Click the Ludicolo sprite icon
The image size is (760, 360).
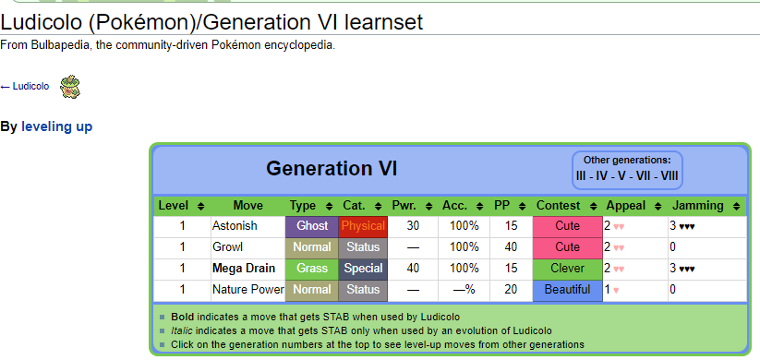click(x=70, y=87)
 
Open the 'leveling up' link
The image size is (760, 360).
click(x=56, y=127)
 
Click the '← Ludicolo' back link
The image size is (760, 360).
click(x=25, y=86)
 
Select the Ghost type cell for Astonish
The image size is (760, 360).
click(x=312, y=226)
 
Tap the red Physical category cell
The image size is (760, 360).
click(x=363, y=226)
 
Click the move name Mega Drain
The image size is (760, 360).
click(x=244, y=269)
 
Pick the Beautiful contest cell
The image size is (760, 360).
click(x=568, y=290)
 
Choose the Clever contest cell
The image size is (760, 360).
click(x=568, y=269)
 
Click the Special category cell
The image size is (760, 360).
click(x=363, y=269)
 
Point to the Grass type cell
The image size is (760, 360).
click(x=312, y=269)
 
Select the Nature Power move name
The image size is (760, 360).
click(x=248, y=290)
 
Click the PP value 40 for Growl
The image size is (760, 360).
click(x=511, y=247)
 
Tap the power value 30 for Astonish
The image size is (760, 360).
click(x=413, y=226)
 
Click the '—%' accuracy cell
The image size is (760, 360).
click(x=464, y=290)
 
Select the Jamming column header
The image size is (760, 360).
click(x=698, y=206)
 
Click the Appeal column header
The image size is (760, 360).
click(x=626, y=206)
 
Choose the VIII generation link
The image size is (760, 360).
click(x=669, y=175)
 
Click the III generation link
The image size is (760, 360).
click(x=581, y=175)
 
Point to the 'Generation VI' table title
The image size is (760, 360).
click(x=332, y=169)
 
